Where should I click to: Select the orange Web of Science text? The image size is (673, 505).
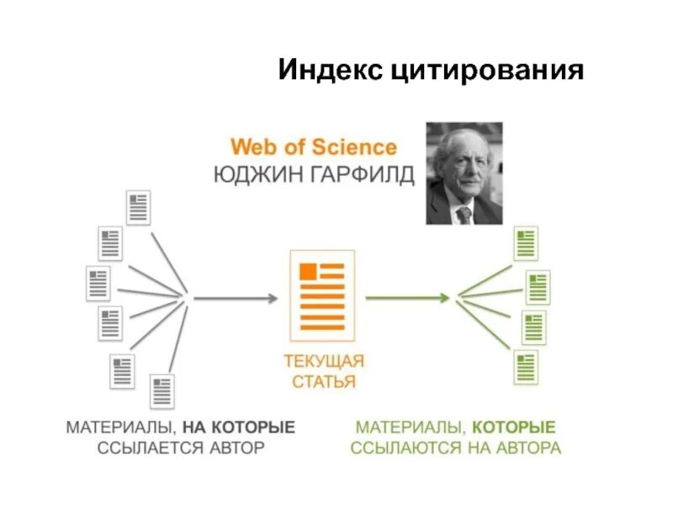(x=314, y=148)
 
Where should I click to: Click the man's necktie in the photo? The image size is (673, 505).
(x=464, y=214)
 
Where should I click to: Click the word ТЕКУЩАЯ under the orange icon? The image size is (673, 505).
(x=324, y=362)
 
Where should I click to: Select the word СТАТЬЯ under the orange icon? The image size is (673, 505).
(x=324, y=382)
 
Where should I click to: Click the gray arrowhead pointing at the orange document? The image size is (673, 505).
(x=272, y=298)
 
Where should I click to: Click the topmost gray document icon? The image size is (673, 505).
(x=138, y=207)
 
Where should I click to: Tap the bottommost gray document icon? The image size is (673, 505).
(x=162, y=392)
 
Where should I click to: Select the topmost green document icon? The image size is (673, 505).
(x=525, y=243)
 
